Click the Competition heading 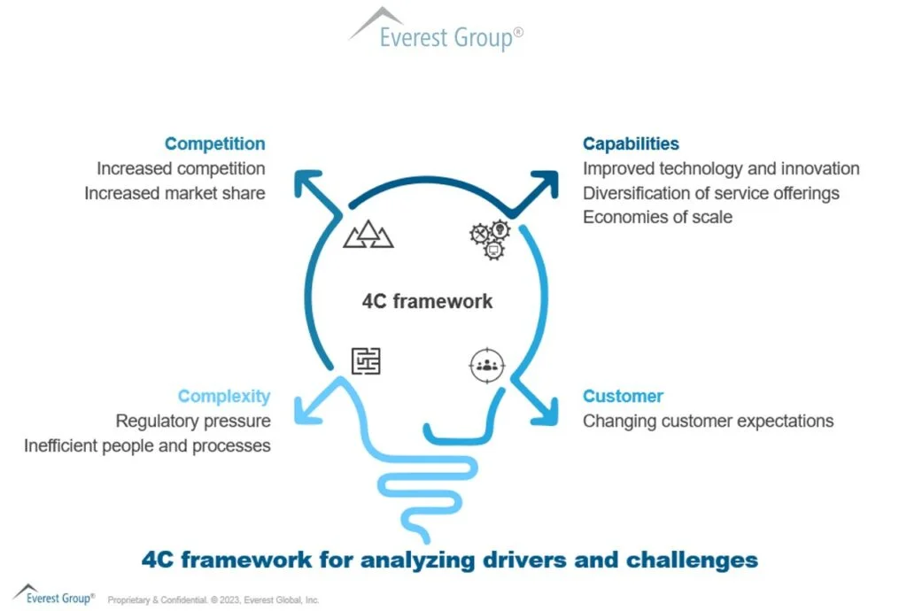point(214,143)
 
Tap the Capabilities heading point(631,143)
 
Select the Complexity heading point(224,396)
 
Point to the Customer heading point(623,396)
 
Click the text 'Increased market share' point(174,192)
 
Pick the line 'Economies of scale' point(657,217)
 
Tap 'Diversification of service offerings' point(710,193)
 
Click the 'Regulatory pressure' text point(193,421)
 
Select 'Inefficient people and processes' point(147,445)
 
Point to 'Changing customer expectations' point(708,421)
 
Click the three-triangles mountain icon point(368,236)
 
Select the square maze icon point(366,360)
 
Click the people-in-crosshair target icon point(486,364)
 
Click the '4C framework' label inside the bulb point(427,301)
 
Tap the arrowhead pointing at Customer point(544,410)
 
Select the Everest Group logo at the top point(438,29)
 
